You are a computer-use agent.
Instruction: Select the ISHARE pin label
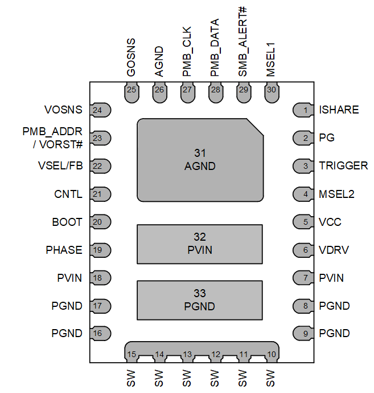(339, 110)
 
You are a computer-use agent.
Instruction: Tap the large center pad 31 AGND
(200, 160)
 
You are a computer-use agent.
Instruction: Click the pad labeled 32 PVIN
(200, 244)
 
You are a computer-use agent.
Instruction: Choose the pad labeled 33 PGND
(200, 300)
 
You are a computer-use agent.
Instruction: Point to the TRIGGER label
(343, 165)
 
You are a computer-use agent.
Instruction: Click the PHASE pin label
(64, 250)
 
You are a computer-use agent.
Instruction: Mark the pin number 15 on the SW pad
(131, 354)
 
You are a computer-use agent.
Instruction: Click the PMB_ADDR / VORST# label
(53, 137)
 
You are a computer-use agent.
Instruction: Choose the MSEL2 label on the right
(337, 194)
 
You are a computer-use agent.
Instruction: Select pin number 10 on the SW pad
(271, 354)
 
